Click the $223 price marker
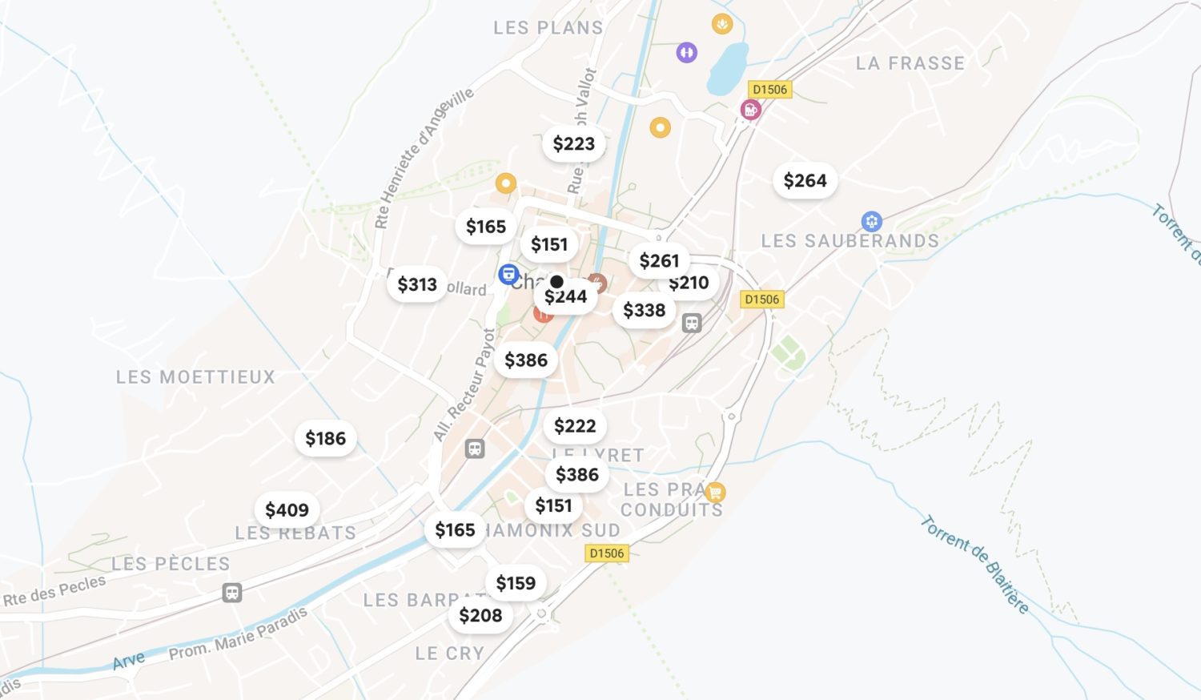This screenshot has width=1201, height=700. pos(574,144)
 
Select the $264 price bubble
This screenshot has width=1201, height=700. pos(805,181)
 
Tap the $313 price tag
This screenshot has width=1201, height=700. pos(417,284)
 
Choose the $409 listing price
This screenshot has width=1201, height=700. pos(287,510)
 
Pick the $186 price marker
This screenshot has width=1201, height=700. pos(325,439)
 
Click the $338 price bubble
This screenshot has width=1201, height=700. pos(644,310)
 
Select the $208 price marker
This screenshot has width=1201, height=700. pos(480,615)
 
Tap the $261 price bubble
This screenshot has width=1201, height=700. pos(659,261)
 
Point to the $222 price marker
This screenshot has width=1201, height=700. pos(575,426)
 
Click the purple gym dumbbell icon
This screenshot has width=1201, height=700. pos(686,53)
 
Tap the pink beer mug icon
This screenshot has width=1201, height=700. pos(750,110)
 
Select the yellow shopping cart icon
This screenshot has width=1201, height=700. pos(715,492)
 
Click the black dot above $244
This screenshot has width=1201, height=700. pos(556,282)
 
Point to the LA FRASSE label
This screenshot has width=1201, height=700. pos(910,63)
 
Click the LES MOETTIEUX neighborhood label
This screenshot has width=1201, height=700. pos(195,376)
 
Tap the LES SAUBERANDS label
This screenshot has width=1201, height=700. pos(850,241)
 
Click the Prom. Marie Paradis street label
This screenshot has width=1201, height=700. pos(238,634)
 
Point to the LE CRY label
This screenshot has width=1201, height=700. pos(449,654)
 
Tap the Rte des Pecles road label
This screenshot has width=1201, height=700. pos(54,590)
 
